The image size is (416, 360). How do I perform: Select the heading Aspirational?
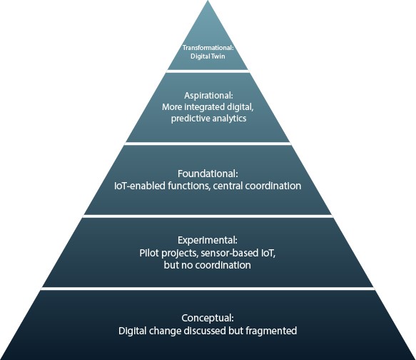208,95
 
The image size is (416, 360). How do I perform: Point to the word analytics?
229,119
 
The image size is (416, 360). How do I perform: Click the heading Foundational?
208,174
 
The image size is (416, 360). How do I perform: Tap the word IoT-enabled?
140,186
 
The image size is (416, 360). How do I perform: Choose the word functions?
189,186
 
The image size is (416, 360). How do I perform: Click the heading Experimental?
208,240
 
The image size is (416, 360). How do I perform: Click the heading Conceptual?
208,318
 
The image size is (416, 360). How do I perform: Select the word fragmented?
271,331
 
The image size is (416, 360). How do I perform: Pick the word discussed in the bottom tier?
205,331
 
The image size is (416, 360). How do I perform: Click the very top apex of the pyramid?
208,1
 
